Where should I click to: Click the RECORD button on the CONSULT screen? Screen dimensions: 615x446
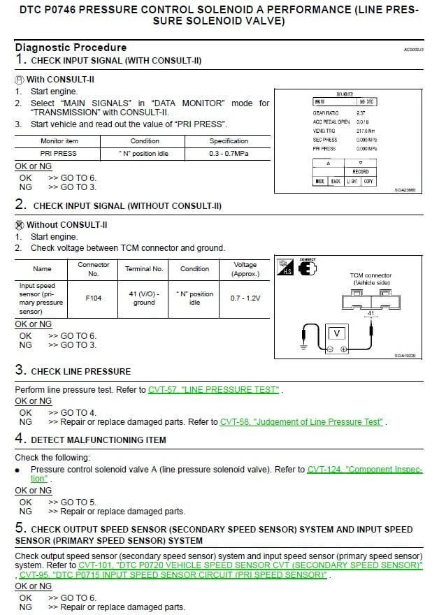tap(361, 171)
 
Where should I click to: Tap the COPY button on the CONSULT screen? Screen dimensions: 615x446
tap(368, 182)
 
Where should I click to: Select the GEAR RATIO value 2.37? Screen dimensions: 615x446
tap(361, 113)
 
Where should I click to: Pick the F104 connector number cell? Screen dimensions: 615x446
tap(94, 298)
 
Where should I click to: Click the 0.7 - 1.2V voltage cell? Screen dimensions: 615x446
tap(245, 298)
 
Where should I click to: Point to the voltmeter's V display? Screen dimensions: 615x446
tap(335, 333)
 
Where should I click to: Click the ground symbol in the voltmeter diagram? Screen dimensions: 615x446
tap(303, 347)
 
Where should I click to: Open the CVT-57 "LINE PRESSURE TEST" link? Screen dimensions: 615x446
tap(213, 389)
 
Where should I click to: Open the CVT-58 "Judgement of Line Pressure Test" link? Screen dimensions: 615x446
tap(301, 421)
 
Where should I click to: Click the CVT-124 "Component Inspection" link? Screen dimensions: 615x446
tap(364, 470)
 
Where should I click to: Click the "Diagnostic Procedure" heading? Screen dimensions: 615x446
tap(71, 48)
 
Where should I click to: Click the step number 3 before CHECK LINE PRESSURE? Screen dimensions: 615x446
tap(20, 370)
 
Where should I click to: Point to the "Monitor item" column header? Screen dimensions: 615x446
tap(59, 141)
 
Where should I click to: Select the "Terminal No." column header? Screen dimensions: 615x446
tap(143, 268)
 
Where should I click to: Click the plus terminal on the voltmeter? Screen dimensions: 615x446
tap(343, 349)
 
